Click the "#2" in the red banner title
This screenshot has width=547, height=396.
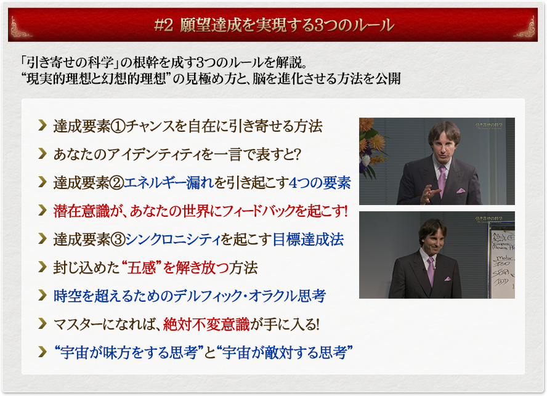(163, 25)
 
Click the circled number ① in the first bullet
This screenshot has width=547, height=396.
(118, 126)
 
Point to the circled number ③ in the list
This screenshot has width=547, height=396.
(118, 240)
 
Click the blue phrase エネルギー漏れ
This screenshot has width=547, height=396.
(169, 183)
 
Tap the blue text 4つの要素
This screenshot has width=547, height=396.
(320, 183)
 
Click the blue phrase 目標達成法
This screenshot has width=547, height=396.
(308, 240)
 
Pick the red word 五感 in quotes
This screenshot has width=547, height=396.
(141, 268)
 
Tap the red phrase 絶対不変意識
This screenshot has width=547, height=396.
(206, 324)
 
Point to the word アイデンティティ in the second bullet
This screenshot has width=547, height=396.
(159, 155)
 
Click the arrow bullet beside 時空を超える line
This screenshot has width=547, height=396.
(43, 295)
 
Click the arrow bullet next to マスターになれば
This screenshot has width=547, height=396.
(43, 323)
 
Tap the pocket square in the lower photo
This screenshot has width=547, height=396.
(447, 278)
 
